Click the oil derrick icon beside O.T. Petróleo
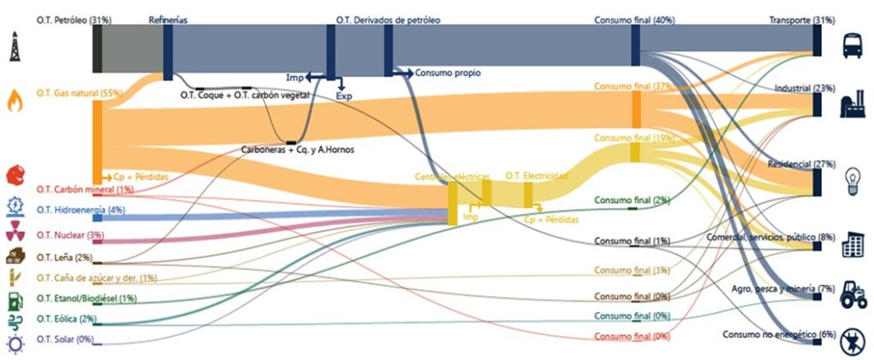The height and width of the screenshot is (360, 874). [15, 47]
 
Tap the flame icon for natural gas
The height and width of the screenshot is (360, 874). [15, 101]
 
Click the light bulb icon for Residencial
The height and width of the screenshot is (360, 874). [852, 178]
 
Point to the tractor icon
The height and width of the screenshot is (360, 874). [854, 293]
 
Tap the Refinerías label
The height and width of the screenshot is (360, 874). [168, 19]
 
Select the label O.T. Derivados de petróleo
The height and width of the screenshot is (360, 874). [388, 19]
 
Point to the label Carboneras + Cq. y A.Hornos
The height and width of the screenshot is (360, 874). [297, 150]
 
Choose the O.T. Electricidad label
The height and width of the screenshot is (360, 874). [537, 175]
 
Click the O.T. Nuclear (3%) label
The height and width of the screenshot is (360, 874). [70, 235]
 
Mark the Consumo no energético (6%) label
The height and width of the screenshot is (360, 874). [766, 334]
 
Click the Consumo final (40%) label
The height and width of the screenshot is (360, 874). [634, 19]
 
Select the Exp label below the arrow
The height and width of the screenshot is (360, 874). [344, 96]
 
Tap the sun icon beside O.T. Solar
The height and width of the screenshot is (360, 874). [15, 343]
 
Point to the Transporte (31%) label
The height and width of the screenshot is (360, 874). [801, 19]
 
